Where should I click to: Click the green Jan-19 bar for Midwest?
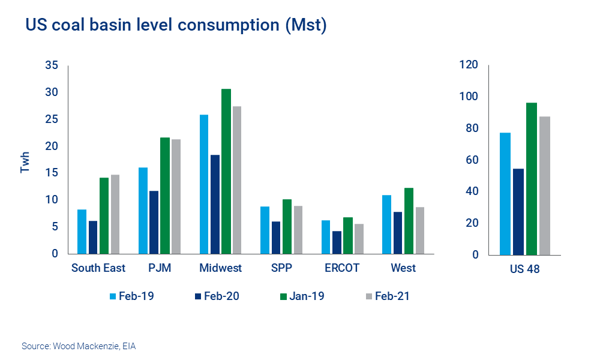(226, 171)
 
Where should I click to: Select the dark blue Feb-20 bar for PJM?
(154, 222)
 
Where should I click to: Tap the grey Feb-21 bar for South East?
(115, 214)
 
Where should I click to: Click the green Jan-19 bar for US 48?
(531, 178)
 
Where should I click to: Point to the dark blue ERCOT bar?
(337, 242)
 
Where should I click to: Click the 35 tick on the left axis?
(52, 65)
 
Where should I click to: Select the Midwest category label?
(221, 268)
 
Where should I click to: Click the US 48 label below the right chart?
(525, 269)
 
